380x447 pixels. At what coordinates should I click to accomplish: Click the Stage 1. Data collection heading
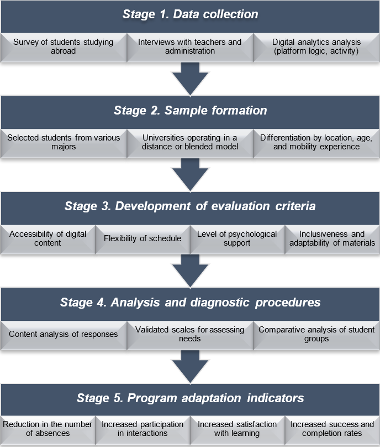pyautogui.click(x=190, y=15)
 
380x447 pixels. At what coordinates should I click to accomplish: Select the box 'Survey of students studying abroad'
pyautogui.click(x=64, y=46)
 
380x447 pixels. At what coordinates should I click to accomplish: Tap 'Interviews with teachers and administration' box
pyautogui.click(x=189, y=46)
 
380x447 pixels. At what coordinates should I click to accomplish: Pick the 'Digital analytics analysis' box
pyautogui.click(x=316, y=46)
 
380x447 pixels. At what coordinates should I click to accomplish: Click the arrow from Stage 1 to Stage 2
pyautogui.click(x=190, y=78)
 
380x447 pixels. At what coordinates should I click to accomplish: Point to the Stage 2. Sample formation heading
pyautogui.click(x=190, y=110)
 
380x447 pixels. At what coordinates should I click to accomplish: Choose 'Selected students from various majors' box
pyautogui.click(x=64, y=142)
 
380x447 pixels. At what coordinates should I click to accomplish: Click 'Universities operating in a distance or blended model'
pyautogui.click(x=189, y=142)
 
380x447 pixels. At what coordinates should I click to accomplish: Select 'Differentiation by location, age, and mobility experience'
pyautogui.click(x=316, y=142)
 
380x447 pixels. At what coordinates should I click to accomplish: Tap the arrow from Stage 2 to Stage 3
pyautogui.click(x=190, y=174)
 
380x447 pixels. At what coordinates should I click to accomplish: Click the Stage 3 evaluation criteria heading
pyautogui.click(x=190, y=206)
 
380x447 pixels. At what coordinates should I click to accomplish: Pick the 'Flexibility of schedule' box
pyautogui.click(x=142, y=238)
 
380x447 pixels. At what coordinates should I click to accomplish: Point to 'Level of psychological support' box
pyautogui.click(x=237, y=238)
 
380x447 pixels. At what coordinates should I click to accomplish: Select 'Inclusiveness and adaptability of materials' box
pyautogui.click(x=332, y=238)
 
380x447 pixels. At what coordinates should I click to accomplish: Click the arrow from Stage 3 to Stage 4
pyautogui.click(x=190, y=270)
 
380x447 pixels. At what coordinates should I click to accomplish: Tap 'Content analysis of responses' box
pyautogui.click(x=64, y=334)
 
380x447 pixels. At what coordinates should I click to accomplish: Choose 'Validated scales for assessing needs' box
pyautogui.click(x=189, y=334)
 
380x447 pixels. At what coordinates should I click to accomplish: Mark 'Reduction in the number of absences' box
pyautogui.click(x=48, y=429)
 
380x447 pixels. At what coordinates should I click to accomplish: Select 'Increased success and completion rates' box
pyautogui.click(x=332, y=429)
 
